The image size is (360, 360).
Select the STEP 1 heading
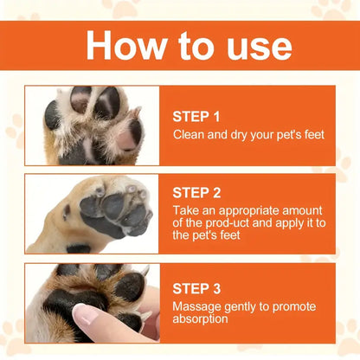pos(197,115)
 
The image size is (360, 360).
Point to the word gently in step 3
pos(241,306)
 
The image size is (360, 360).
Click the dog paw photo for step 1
pos(92,125)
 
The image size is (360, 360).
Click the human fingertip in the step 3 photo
pos(90,317)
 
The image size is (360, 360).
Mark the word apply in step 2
pos(285,223)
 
